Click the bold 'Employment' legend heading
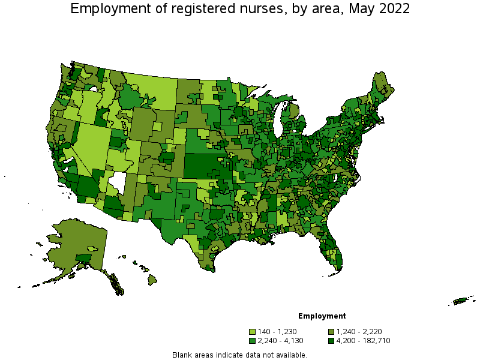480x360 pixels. click(322, 316)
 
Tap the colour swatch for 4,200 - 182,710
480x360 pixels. click(331, 341)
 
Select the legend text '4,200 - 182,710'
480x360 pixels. click(363, 341)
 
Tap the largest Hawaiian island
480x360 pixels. click(152, 279)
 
